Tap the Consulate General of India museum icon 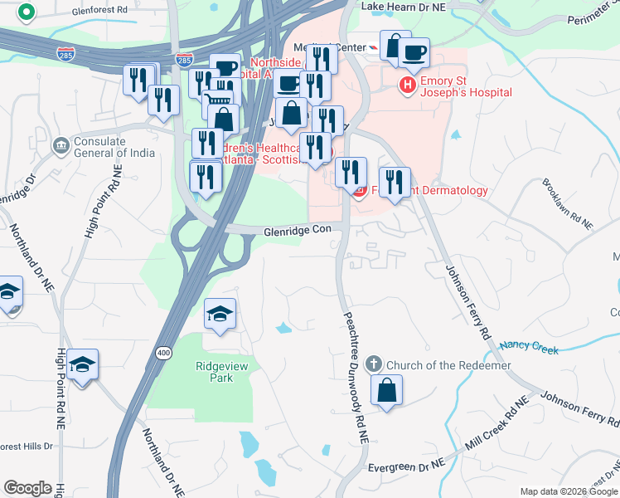61,147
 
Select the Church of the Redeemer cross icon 373,364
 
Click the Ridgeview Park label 215,371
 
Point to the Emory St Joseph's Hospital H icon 408,85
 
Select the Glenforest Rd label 100,10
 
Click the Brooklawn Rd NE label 568,204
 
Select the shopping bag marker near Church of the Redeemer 386,390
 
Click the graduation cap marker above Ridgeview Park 220,314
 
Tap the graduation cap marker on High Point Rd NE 83,364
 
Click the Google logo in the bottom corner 27,488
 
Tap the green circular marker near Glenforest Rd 27,13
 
